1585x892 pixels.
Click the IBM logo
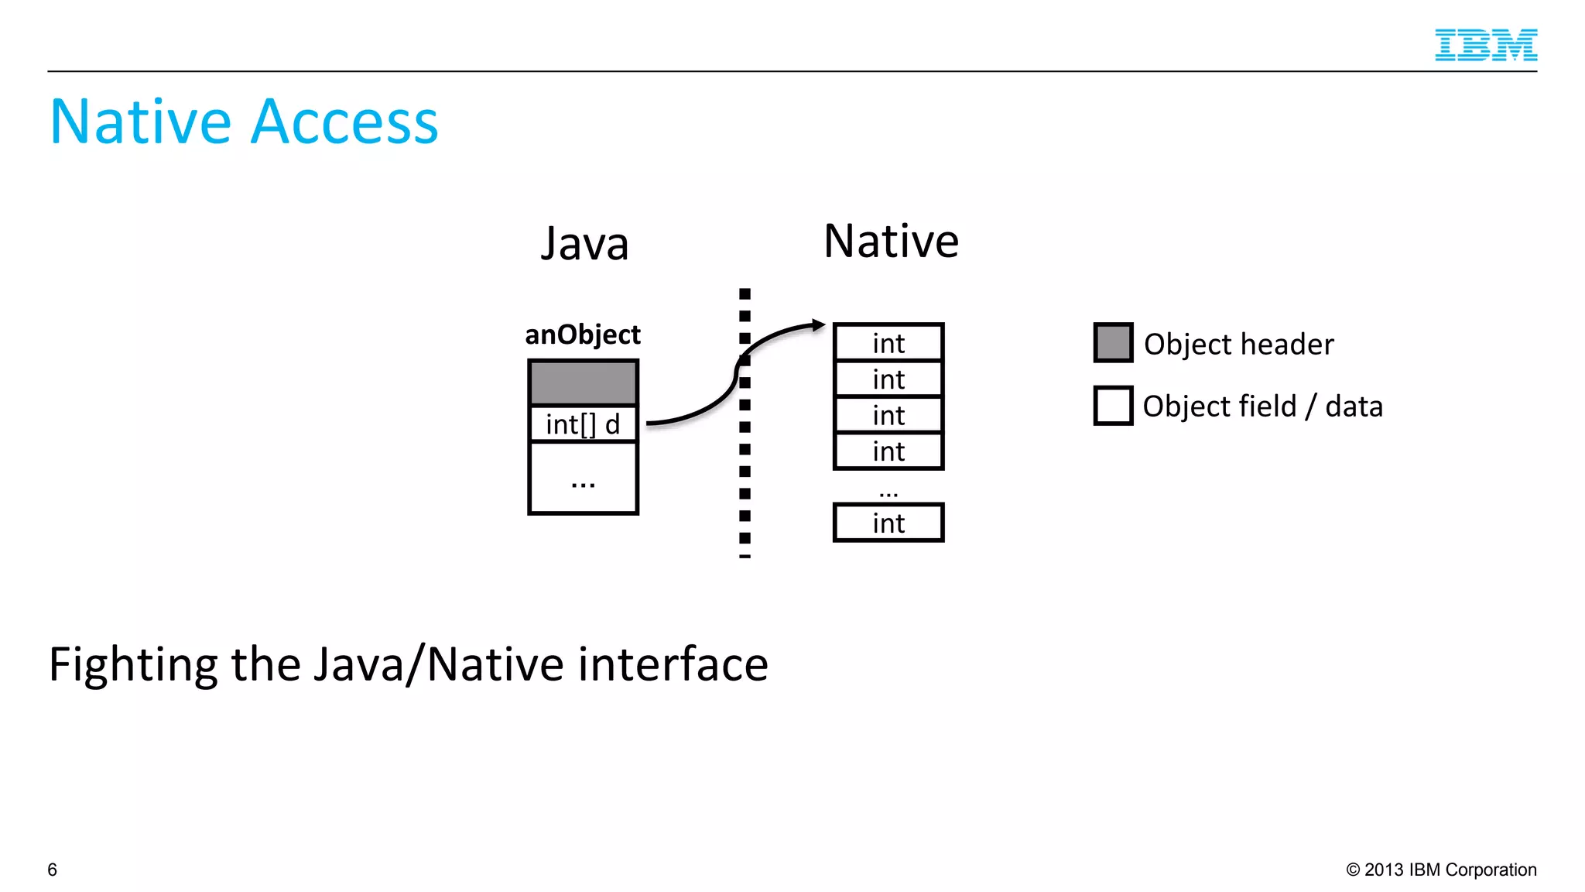pyautogui.click(x=1485, y=45)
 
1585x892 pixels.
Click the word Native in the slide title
pyautogui.click(x=140, y=122)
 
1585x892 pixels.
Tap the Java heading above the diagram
pyautogui.click(x=584, y=244)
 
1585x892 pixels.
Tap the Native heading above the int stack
pyautogui.click(x=891, y=241)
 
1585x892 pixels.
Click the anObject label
pyautogui.click(x=583, y=334)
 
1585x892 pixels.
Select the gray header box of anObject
pyautogui.click(x=583, y=383)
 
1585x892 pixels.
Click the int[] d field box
pyautogui.click(x=583, y=424)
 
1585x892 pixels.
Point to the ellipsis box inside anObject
pyautogui.click(x=583, y=479)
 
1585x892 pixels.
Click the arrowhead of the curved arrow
pyautogui.click(x=818, y=325)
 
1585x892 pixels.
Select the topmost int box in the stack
pyautogui.click(x=888, y=343)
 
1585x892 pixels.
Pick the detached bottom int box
pyautogui.click(x=888, y=523)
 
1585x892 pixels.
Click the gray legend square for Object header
pyautogui.click(x=1113, y=343)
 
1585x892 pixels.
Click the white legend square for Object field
pyautogui.click(x=1113, y=406)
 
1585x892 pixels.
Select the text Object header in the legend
pyautogui.click(x=1238, y=345)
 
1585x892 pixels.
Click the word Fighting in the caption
pyautogui.click(x=132, y=665)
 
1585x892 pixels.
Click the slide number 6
pyautogui.click(x=52, y=870)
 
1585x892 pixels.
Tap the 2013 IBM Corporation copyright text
pyautogui.click(x=1441, y=870)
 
